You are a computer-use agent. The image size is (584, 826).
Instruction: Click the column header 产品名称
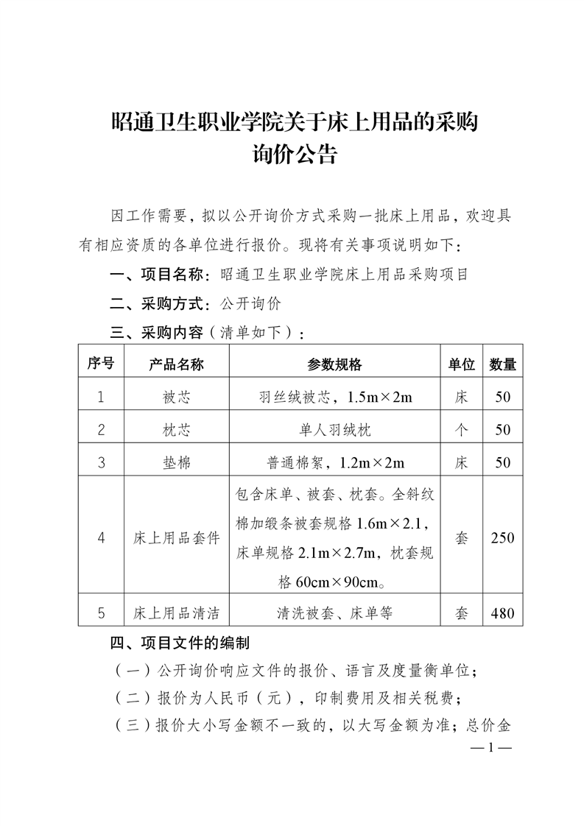point(176,364)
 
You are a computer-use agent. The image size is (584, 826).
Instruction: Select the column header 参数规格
point(335,364)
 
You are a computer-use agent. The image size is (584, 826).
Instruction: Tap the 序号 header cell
point(101,364)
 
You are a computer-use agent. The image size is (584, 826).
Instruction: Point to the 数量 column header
point(503,364)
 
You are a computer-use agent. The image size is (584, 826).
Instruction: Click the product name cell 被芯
point(176,398)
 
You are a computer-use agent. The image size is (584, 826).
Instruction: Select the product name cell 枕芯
point(176,430)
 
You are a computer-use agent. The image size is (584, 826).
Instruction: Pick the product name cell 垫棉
point(176,462)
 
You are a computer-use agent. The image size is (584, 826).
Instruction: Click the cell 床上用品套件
point(176,537)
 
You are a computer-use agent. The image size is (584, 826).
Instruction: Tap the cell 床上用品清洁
point(176,613)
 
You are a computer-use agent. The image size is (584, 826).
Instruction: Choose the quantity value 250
point(503,537)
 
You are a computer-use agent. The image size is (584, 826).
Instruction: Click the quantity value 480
point(503,613)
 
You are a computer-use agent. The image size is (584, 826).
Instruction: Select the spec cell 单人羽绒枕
point(335,430)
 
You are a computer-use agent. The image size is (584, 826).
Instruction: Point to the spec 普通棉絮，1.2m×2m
point(335,462)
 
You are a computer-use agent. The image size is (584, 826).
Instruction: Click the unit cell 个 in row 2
point(462,430)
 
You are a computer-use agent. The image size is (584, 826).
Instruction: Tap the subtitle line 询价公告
point(294,155)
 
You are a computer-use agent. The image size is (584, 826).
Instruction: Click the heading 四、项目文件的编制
point(180,643)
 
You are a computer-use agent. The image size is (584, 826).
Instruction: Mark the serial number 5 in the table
point(101,613)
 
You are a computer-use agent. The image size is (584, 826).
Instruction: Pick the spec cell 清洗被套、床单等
point(335,613)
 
